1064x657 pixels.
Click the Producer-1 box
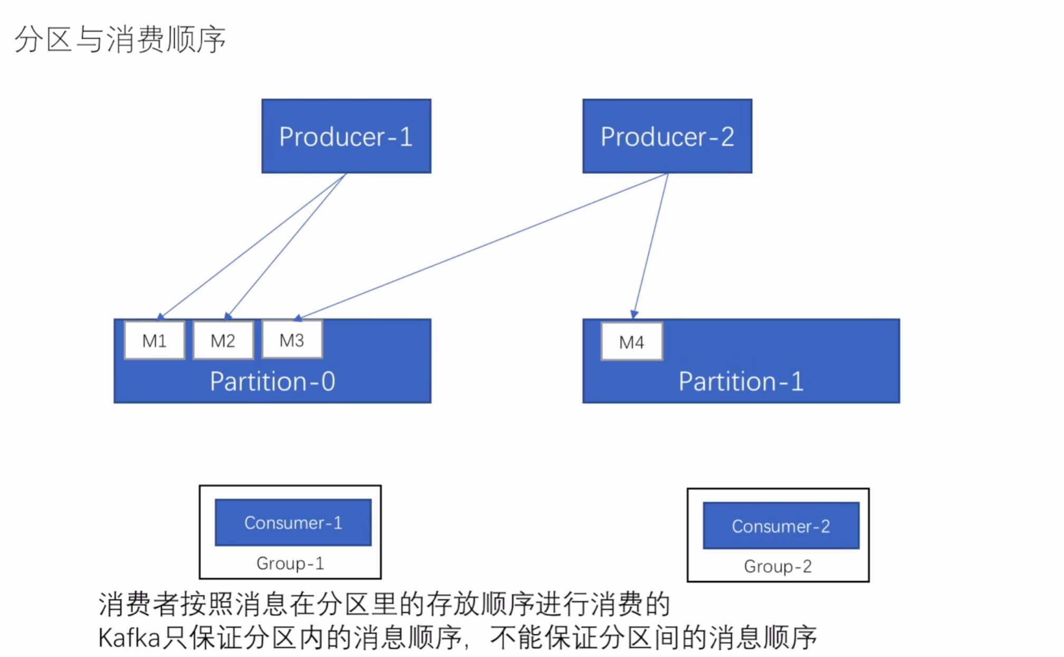346,136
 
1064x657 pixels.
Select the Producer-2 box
667,136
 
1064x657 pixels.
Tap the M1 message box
155,341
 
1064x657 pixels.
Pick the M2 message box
223,341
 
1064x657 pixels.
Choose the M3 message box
292,340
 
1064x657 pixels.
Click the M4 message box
632,342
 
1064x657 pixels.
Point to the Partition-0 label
272,381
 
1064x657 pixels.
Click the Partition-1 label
741,381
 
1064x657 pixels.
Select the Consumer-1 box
293,522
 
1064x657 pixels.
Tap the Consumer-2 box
781,526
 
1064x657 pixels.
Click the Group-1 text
290,564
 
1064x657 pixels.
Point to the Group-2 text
777,567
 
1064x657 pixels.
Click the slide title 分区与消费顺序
120,39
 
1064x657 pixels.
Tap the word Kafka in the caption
129,638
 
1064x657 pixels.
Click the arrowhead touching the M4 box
634,314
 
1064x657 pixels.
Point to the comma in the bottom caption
467,645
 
